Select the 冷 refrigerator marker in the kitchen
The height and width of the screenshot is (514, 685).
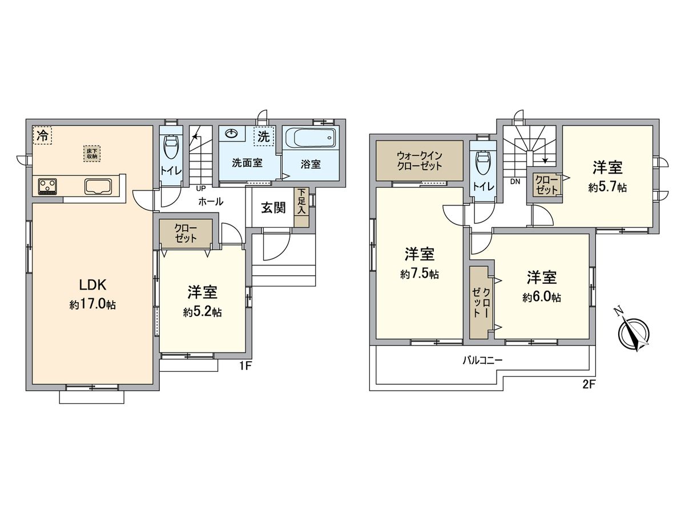tap(42, 135)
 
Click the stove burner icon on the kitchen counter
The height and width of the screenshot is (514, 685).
tap(47, 186)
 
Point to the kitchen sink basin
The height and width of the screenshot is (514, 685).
tap(98, 186)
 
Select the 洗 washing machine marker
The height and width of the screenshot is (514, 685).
tap(263, 136)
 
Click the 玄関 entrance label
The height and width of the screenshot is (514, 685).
tap(273, 208)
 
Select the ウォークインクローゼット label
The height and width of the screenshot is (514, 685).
tap(420, 160)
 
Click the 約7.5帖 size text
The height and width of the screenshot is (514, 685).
tap(420, 275)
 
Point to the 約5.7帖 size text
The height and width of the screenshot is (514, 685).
tap(607, 187)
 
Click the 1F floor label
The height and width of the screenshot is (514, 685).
tap(245, 367)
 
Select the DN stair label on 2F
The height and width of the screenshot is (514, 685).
tap(515, 182)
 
